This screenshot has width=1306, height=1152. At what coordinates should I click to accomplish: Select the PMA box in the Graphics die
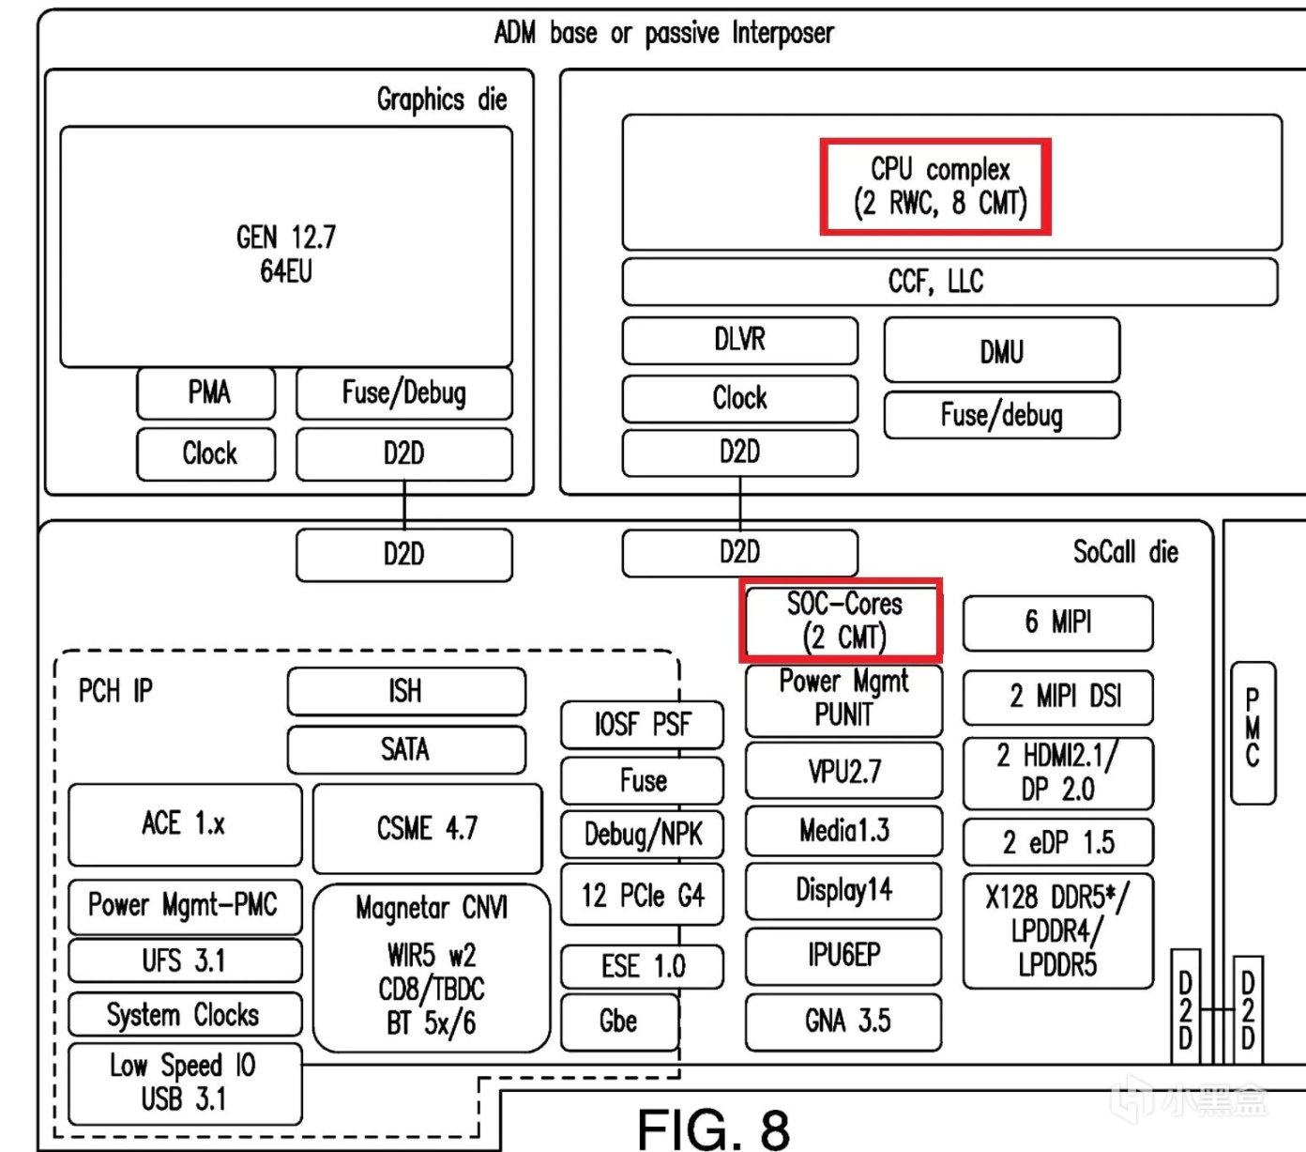tap(206, 392)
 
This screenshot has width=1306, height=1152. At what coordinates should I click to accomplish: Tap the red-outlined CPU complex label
tap(935, 186)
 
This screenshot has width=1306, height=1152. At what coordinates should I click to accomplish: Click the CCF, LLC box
tap(949, 282)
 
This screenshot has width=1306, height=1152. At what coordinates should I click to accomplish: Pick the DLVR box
tap(739, 340)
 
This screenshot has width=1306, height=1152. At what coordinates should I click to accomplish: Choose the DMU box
tap(1001, 351)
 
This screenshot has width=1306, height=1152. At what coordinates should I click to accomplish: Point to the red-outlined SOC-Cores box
tap(843, 620)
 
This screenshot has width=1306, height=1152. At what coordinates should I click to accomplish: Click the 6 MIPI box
tap(1057, 622)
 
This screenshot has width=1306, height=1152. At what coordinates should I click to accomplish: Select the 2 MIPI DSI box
tap(1057, 697)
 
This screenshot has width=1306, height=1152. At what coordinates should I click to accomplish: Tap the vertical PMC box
tap(1252, 732)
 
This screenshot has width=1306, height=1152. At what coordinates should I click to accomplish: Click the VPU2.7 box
tap(843, 771)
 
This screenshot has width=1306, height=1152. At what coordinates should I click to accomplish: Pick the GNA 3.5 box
tap(843, 1021)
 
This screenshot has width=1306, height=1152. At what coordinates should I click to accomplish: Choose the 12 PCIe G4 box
tap(642, 896)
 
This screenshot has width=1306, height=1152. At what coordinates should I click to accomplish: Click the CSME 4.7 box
tap(427, 828)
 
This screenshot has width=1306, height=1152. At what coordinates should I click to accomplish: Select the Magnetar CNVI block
tap(431, 967)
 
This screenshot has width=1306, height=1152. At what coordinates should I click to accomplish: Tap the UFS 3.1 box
tap(185, 960)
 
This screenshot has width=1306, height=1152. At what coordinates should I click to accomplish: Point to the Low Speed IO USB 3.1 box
tap(185, 1083)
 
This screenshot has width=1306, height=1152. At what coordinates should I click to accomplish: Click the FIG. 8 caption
tap(713, 1127)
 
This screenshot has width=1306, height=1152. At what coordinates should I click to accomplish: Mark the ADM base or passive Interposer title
tap(663, 34)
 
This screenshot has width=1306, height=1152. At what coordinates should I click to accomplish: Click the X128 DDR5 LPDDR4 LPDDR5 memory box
tap(1057, 930)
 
